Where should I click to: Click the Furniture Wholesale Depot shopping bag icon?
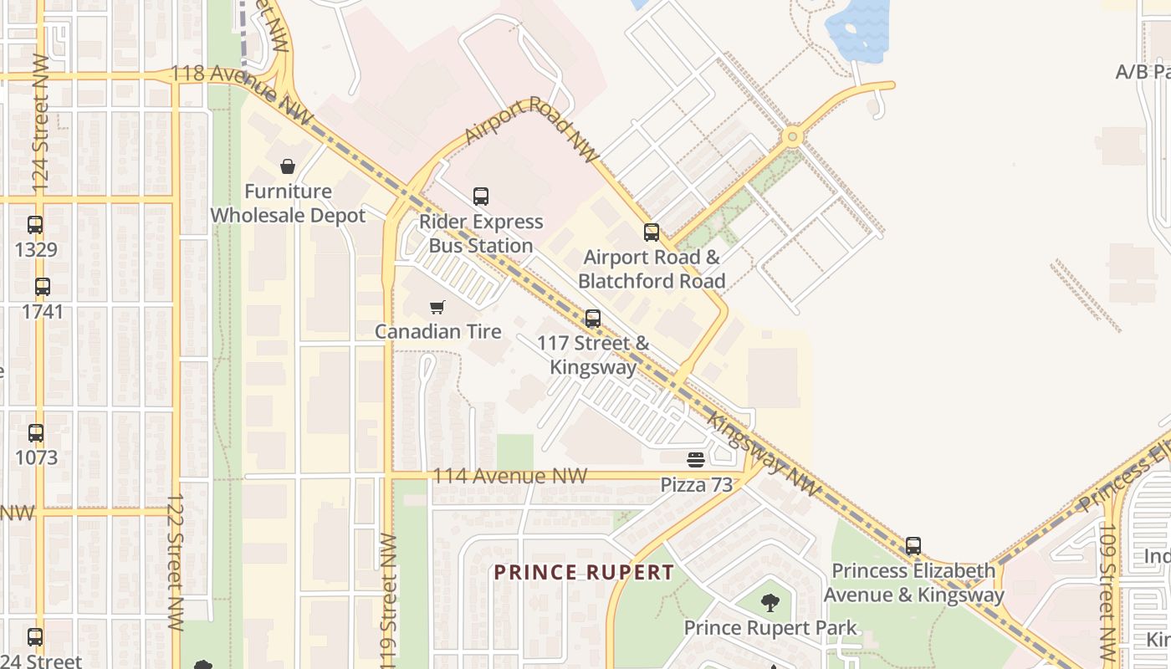coord(288,166)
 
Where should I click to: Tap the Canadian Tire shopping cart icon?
coord(437,307)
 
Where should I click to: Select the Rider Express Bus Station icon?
coord(481,197)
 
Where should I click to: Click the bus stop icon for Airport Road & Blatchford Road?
coord(651,232)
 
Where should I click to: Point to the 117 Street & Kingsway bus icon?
coord(593,318)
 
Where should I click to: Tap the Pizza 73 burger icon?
coord(696,459)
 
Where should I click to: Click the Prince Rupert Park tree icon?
coord(770,602)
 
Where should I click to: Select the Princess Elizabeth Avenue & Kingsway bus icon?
coord(913,546)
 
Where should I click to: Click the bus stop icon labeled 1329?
coord(35,225)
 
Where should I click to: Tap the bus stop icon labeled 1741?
coord(43,287)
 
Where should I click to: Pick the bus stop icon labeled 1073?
coord(36,433)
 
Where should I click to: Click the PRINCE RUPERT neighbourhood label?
coord(583,573)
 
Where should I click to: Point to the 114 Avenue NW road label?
coord(509,476)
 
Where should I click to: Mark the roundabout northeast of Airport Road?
coord(791,136)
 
